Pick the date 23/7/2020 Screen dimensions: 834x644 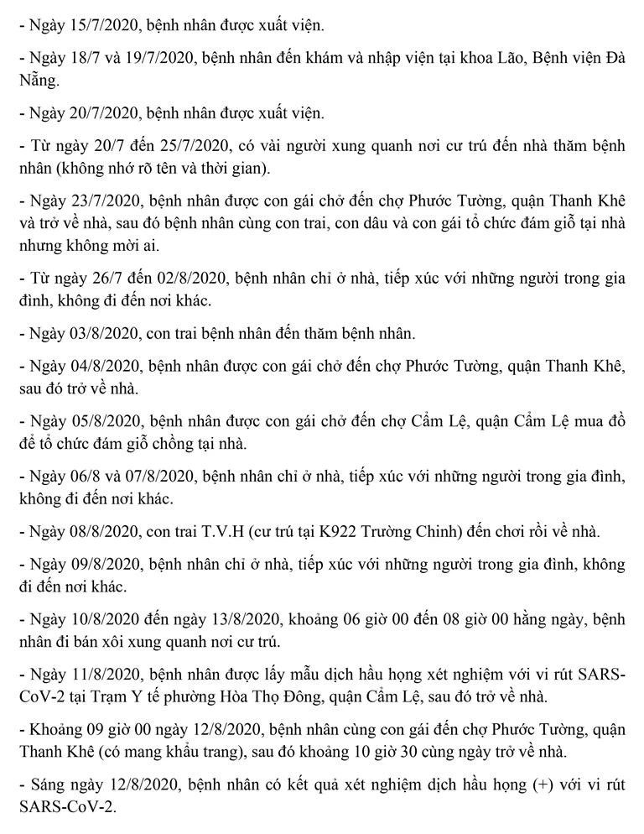click(x=97, y=203)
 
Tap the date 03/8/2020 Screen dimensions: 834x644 click(x=97, y=333)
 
